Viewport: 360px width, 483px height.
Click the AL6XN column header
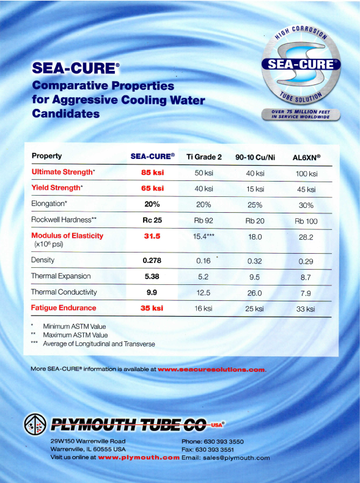pos(306,157)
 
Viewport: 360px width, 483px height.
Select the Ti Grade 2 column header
pos(204,157)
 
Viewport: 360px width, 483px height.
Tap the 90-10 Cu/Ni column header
pos(255,157)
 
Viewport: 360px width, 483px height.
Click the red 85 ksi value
pos(152,172)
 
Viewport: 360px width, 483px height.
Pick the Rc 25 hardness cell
pos(152,220)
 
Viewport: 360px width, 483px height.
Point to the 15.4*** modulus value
pos(204,236)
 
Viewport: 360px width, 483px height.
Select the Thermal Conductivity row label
pos(64,292)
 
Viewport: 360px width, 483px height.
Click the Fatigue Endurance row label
pos(64,308)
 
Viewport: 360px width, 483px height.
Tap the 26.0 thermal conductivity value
pos(254,293)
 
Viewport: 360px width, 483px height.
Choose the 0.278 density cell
pos(152,260)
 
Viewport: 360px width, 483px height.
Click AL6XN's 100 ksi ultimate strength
pos(306,174)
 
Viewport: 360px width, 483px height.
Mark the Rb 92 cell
pos(204,221)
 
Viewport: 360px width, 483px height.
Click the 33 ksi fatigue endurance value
pos(306,309)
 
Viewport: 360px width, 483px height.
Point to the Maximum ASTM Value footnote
pos(75,335)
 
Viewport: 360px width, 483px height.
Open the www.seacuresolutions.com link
pos(211,369)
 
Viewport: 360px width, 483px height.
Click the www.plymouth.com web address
pos(139,457)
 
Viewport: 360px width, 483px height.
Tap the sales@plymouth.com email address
pos(236,458)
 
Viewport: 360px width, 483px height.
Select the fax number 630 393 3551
pos(219,450)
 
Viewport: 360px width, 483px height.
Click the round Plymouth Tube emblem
pos(35,424)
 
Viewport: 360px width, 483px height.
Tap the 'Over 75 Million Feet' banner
pos(301,114)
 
